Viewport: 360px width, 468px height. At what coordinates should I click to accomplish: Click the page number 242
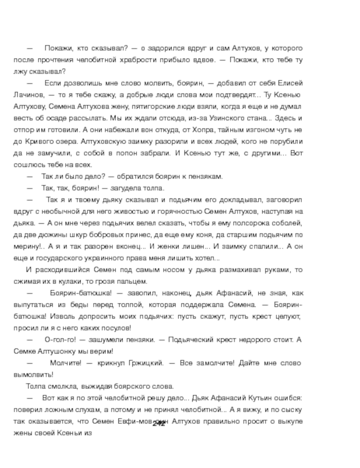click(x=159, y=423)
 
